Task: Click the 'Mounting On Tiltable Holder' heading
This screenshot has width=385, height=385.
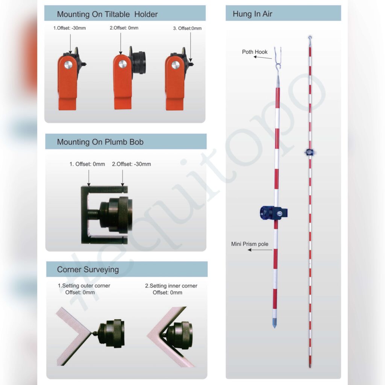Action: pos(107,14)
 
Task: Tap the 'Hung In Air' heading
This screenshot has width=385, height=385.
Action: pos(252,14)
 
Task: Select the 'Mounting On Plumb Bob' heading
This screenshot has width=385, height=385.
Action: pos(100,142)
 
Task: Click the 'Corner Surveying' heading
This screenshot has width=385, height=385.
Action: pos(88,270)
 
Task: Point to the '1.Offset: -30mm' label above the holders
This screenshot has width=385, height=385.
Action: pos(70,28)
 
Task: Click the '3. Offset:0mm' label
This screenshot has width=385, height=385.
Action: pos(187,28)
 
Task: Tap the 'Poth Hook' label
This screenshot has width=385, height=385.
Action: pos(255,52)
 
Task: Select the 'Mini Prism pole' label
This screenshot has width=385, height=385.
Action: pos(250,244)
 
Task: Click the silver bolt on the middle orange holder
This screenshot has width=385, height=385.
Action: pos(123,64)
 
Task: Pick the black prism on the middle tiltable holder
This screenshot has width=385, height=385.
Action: pos(138,62)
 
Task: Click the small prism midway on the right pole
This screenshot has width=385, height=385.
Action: pos(310,153)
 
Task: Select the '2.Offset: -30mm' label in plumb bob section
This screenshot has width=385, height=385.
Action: pos(131,164)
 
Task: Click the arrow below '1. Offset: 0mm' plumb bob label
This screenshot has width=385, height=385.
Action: pos(89,178)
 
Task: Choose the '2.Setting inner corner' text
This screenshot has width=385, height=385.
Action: pos(171,286)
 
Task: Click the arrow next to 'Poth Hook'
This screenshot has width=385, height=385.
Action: pos(263,58)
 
